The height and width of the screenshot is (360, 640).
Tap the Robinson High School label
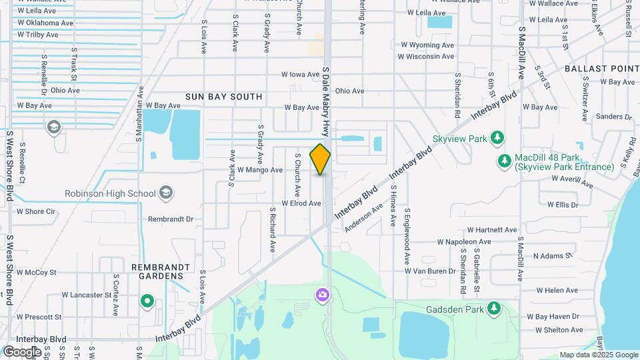click(x=110, y=194)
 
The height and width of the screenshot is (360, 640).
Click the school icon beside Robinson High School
click(x=166, y=194)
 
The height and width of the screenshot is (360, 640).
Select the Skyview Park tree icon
click(x=497, y=138)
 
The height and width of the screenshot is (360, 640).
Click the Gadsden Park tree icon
click(x=493, y=308)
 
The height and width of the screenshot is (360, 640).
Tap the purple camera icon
click(x=323, y=295)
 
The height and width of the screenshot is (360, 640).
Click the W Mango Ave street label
click(x=259, y=170)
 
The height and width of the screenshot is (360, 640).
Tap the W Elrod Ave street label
click(x=301, y=203)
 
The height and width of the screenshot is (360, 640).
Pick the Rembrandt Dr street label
click(x=170, y=219)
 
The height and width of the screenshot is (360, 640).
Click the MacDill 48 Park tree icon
click(x=504, y=161)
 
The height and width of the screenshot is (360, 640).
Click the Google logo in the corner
click(x=22, y=351)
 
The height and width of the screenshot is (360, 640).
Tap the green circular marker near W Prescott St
click(x=147, y=302)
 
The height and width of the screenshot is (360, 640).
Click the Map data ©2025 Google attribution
click(x=599, y=355)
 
